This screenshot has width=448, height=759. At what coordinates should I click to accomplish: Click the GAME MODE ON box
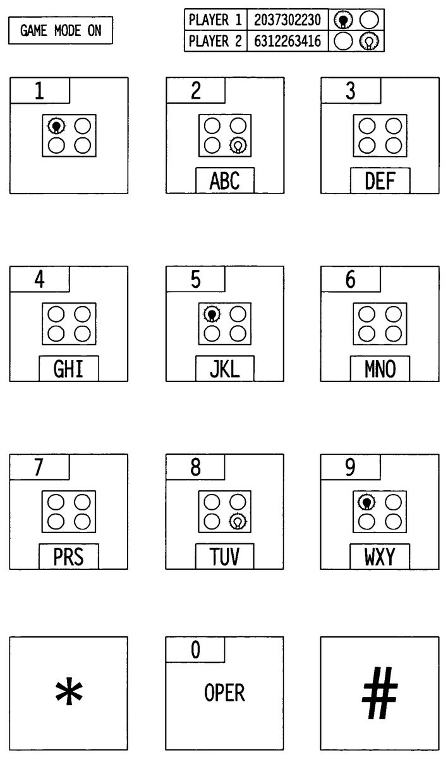click(x=61, y=30)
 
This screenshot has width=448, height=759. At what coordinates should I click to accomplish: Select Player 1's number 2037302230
click(x=288, y=20)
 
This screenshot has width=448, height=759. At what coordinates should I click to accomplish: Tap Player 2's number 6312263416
click(x=288, y=41)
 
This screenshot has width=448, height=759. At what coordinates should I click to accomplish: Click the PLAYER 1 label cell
click(x=215, y=20)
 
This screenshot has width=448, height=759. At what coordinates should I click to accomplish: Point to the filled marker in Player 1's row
click(x=343, y=20)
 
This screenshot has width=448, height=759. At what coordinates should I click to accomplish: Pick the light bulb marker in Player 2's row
click(x=369, y=42)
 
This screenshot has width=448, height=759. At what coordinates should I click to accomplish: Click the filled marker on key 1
click(x=56, y=126)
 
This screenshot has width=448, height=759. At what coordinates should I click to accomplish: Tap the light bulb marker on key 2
click(x=238, y=145)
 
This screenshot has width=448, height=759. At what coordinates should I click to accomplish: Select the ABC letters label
click(x=225, y=181)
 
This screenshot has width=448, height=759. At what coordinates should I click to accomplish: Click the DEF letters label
click(x=380, y=181)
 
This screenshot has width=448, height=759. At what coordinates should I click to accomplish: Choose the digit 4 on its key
click(x=40, y=280)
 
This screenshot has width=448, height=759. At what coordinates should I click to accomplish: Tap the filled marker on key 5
click(x=212, y=314)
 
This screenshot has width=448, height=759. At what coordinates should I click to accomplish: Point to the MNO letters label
click(x=380, y=369)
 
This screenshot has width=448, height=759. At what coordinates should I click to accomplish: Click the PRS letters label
click(x=69, y=557)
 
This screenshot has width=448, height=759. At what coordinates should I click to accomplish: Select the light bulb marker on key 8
click(x=238, y=521)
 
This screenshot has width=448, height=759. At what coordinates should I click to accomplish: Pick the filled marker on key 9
click(x=366, y=502)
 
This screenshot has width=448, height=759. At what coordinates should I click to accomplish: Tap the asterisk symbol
click(x=69, y=691)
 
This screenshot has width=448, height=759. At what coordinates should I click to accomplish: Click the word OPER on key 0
click(x=224, y=693)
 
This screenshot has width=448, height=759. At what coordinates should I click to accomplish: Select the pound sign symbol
click(x=380, y=693)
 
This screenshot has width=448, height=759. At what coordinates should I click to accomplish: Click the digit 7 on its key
click(x=39, y=467)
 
